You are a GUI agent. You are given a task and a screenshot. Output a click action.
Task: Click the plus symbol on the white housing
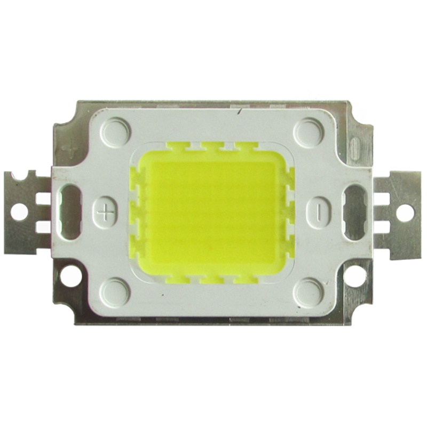point(105,213)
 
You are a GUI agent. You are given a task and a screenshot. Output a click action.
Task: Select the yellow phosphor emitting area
point(212,212)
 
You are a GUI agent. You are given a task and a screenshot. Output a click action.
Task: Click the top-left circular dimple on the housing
point(116,130)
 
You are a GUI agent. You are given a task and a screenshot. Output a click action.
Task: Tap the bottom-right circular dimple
point(309,292)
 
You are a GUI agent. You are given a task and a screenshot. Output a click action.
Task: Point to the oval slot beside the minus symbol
point(355,212)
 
